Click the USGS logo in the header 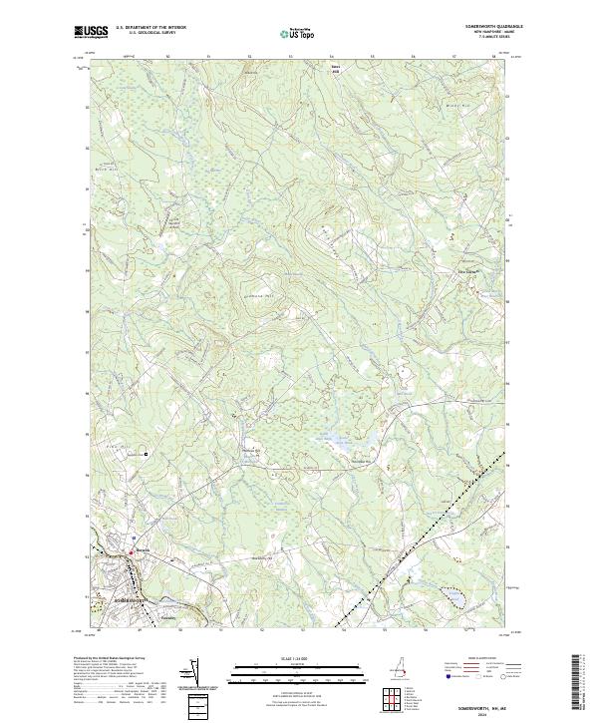(x=87, y=32)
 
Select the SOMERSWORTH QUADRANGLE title (x=478, y=27)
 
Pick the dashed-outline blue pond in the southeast (x=453, y=595)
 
